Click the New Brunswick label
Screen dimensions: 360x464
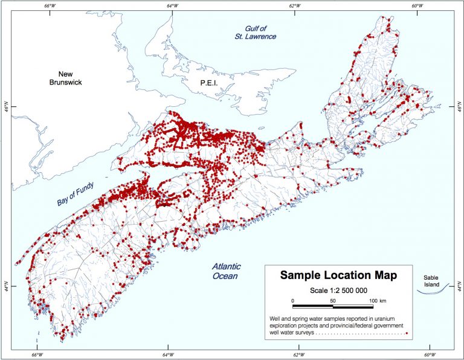click(x=66, y=76)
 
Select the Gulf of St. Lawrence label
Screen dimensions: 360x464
click(x=256, y=33)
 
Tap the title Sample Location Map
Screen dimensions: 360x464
click(x=338, y=275)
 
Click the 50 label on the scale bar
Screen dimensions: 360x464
click(x=333, y=300)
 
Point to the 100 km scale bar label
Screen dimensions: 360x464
click(x=378, y=300)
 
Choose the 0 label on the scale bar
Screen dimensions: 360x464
click(x=292, y=300)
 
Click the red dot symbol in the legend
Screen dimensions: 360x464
click(x=407, y=333)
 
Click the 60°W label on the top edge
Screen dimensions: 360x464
click(x=416, y=6)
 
